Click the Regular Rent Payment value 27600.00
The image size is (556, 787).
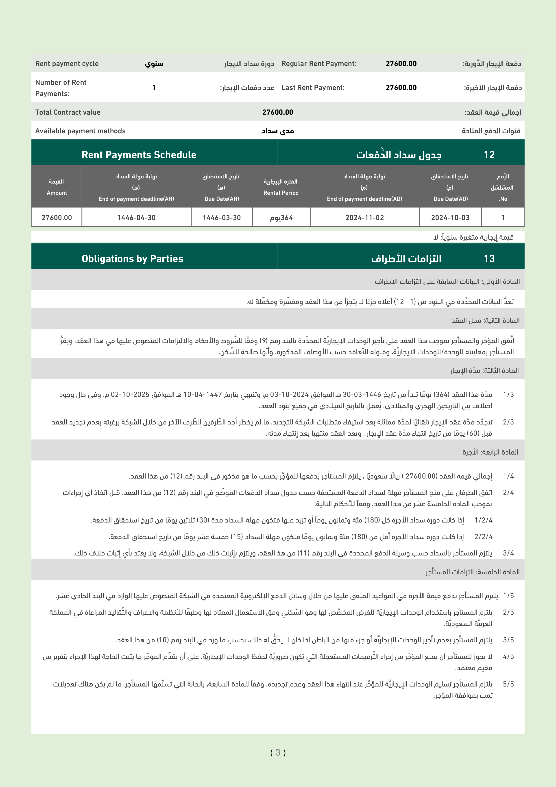coord(401,63)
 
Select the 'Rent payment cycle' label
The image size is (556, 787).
coord(67,63)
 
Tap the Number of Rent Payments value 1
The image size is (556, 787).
coord(154,87)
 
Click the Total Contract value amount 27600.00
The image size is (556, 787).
coord(277,112)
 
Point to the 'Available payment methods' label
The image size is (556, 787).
coord(80,131)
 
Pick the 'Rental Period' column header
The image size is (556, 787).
coord(281,193)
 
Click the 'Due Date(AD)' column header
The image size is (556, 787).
coord(450,199)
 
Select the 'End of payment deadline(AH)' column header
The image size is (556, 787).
coord(136,199)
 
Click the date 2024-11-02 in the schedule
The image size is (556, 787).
coord(364,218)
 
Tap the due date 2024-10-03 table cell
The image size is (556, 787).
coord(450,218)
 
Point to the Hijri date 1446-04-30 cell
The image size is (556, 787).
coord(136,218)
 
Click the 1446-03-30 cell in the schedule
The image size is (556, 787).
coord(222,218)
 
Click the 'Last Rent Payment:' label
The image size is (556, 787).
coord(313,87)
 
